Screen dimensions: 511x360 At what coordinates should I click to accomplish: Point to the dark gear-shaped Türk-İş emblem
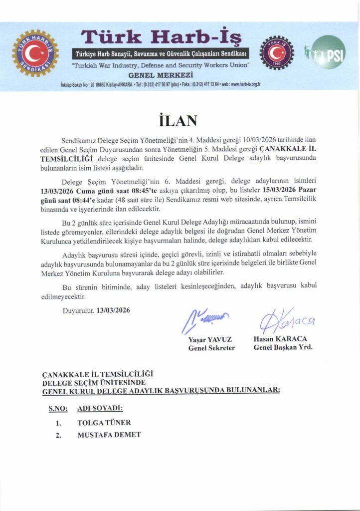[x=277, y=53]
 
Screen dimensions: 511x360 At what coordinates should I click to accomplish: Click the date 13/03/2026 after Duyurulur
[x=113, y=310]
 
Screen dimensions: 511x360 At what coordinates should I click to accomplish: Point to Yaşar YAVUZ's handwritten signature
[x=206, y=318]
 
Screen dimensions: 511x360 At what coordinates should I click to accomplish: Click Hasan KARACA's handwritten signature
[x=284, y=321]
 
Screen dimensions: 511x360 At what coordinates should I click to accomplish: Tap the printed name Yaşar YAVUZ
[x=210, y=339]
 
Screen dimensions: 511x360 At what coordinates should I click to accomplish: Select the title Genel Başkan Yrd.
[x=283, y=347]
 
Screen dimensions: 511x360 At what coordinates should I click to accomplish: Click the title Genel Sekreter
[x=211, y=347]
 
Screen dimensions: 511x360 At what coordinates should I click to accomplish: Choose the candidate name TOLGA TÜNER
[x=104, y=422]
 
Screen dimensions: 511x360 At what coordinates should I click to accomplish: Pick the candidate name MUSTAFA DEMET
[x=109, y=435]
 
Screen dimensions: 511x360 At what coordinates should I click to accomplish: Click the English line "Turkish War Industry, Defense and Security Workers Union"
[x=161, y=65]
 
